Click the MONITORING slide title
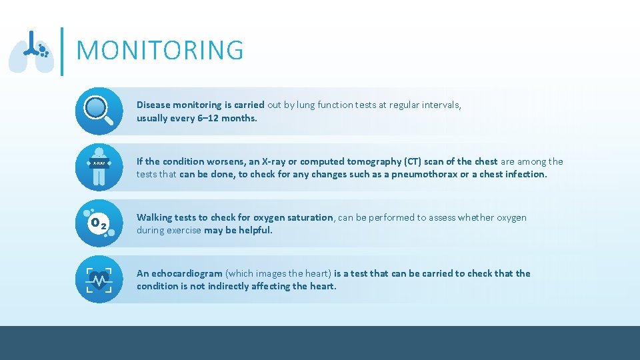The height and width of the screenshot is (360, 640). (160, 51)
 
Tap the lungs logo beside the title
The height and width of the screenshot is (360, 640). (31, 51)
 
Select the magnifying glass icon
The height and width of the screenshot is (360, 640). (99, 111)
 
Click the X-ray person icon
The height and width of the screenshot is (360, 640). (99, 167)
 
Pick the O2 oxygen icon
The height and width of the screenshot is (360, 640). (99, 223)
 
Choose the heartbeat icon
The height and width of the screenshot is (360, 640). (99, 279)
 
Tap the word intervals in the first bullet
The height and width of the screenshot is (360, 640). (439, 105)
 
